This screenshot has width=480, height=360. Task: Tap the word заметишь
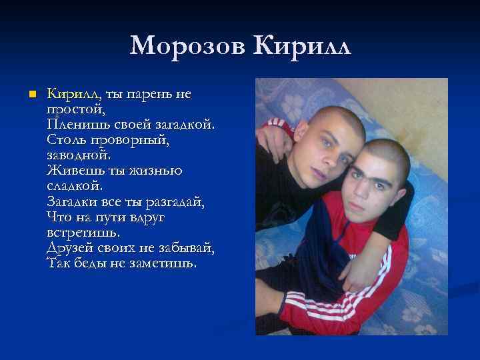(162, 263)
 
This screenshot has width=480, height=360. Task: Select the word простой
(75, 109)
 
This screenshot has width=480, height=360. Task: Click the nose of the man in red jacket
(367, 187)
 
